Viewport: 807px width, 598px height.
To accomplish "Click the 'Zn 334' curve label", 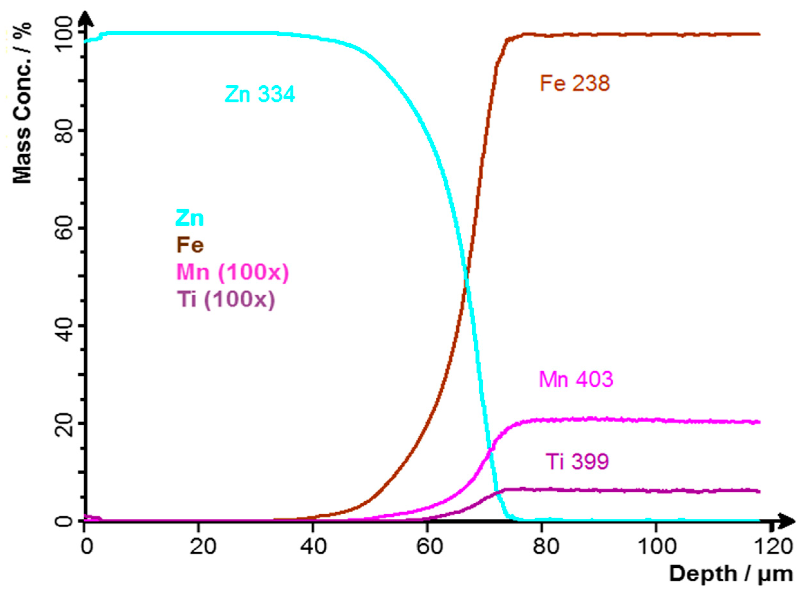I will click(260, 94).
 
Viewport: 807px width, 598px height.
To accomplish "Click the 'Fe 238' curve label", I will click(575, 83).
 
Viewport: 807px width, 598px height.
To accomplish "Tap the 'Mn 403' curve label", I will click(576, 379).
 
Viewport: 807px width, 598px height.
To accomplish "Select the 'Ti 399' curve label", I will click(577, 461).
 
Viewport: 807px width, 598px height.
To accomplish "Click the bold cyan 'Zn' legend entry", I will click(190, 218).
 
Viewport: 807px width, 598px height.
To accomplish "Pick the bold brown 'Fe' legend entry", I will click(190, 245).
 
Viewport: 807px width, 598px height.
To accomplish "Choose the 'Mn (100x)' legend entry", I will click(233, 272).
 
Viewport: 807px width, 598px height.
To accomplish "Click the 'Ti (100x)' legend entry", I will click(226, 299).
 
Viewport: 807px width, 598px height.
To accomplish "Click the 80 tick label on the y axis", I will click(65, 131).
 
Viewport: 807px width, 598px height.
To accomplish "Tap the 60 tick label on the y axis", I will click(65, 228).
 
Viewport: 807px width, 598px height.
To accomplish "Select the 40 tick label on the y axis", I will click(65, 326).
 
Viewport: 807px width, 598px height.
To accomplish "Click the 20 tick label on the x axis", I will click(203, 546).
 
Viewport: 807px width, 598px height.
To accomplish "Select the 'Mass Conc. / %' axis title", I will click(23, 103).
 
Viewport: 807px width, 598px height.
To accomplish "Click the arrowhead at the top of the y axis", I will click(85, 18).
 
